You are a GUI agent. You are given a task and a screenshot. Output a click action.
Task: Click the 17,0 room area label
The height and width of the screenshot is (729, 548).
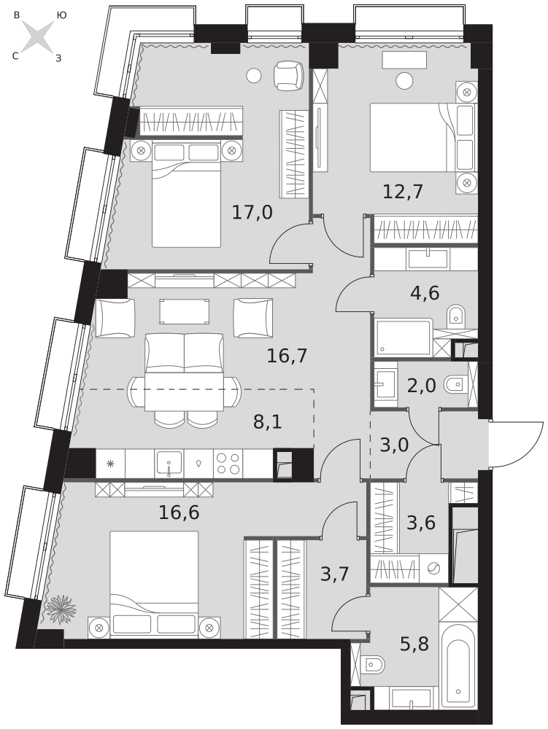(252, 212)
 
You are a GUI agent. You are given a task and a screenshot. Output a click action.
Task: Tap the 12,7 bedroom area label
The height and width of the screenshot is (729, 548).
(403, 191)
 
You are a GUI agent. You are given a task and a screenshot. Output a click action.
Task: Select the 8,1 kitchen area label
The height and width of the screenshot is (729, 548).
(268, 421)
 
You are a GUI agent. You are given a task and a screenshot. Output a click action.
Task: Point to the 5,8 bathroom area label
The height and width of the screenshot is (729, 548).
(414, 644)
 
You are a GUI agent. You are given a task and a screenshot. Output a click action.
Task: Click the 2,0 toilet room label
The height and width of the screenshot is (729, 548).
(422, 386)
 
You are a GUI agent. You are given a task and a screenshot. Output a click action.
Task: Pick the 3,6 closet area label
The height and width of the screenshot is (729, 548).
(420, 523)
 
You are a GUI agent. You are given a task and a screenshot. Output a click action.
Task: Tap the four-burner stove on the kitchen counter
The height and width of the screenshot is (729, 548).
(228, 464)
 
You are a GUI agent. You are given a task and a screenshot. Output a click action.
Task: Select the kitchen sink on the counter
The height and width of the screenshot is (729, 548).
(169, 464)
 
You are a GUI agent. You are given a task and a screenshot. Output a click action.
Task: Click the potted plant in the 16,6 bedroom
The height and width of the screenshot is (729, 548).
(61, 609)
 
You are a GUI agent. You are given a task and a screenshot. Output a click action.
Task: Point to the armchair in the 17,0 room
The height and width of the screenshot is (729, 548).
(288, 77)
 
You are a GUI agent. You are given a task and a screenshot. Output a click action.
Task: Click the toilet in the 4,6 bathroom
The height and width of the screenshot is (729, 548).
(456, 315)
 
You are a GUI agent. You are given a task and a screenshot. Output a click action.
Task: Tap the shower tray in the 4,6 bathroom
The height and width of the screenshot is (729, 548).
(404, 337)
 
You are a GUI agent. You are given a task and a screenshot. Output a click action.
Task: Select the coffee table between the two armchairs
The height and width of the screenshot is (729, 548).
(184, 311)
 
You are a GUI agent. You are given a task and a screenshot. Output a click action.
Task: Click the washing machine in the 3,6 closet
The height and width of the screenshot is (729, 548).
(433, 568)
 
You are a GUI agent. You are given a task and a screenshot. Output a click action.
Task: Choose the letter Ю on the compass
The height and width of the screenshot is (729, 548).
(61, 15)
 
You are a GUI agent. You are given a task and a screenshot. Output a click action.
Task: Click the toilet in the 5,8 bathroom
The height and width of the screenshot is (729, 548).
(374, 665)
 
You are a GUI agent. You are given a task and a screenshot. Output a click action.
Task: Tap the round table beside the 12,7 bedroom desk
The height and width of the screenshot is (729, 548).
(404, 81)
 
